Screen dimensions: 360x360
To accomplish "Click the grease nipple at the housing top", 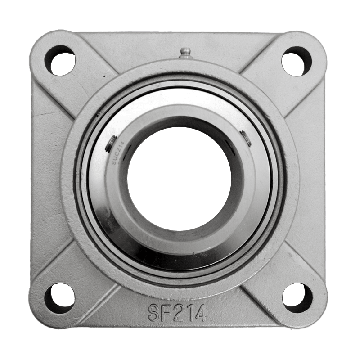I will click(x=182, y=52).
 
